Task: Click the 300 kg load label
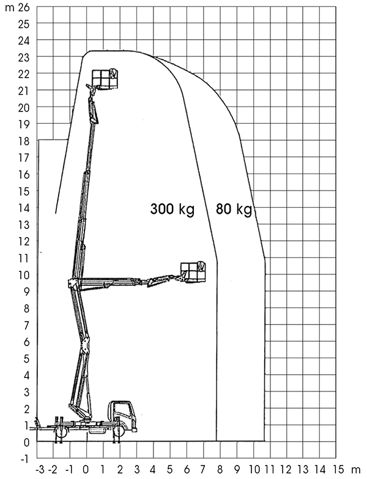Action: tap(172, 209)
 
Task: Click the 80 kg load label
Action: tap(234, 209)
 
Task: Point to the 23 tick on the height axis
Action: tap(24, 58)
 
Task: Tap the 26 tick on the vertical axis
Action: tap(24, 7)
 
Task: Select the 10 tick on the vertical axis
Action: tap(24, 275)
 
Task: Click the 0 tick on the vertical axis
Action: tap(26, 442)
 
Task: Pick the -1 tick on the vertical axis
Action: tap(24, 459)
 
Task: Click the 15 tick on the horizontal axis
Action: tap(338, 469)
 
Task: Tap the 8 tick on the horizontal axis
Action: tap(220, 469)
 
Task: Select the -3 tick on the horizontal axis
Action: tap(40, 469)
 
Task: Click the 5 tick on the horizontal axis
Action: tap(170, 469)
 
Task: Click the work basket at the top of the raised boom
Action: tap(105, 79)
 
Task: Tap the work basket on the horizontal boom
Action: tap(193, 272)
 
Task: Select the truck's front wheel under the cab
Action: tap(119, 431)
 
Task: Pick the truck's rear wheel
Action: tap(61, 431)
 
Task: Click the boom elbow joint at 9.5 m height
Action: tap(73, 284)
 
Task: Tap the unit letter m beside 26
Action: tap(10, 8)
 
